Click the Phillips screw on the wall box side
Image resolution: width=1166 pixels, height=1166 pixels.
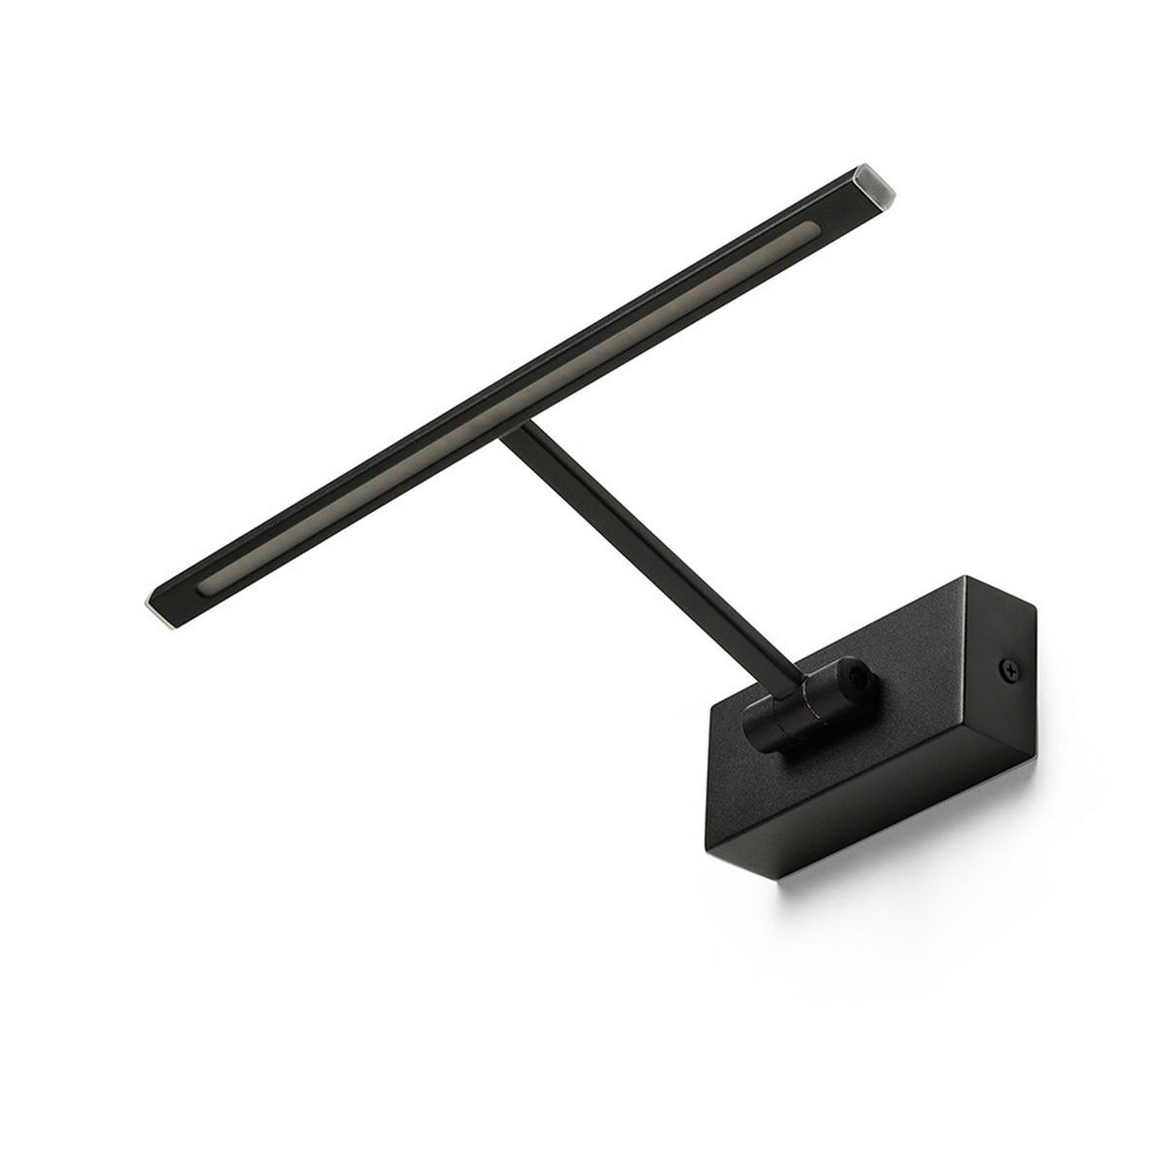pos(1009,668)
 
